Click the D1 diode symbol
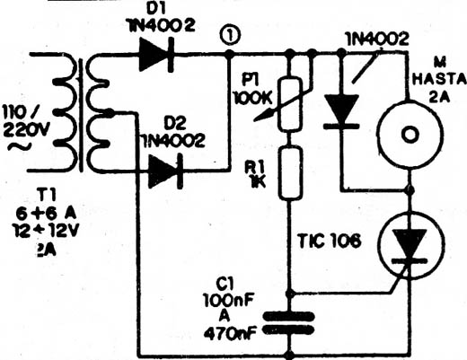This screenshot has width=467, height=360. (x=156, y=55)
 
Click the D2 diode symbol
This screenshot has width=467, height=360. (x=165, y=171)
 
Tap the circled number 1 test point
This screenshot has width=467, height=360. (x=230, y=37)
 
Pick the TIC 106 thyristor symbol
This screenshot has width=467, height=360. (x=411, y=245)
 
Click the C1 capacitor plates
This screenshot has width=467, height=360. (x=289, y=323)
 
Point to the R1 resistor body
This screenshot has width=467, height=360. (x=289, y=173)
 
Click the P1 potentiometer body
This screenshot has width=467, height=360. (x=289, y=104)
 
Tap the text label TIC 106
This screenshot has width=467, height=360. (x=330, y=241)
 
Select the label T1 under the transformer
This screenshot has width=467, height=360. (x=47, y=197)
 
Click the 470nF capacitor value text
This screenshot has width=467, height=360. (x=230, y=333)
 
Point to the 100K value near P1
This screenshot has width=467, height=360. (x=252, y=98)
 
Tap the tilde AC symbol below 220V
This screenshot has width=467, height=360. (x=20, y=147)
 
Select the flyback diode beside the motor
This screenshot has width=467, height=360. (x=341, y=111)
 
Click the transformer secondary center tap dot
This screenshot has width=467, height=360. (x=110, y=113)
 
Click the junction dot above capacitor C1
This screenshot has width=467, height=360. (x=289, y=294)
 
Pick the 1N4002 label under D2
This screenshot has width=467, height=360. (x=173, y=141)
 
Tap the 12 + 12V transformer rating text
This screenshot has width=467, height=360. (x=46, y=231)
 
